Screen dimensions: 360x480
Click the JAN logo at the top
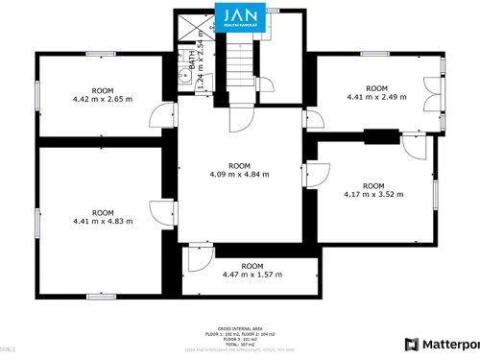pyautogui.click(x=237, y=19)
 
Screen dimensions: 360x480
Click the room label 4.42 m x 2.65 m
pyautogui.click(x=103, y=94)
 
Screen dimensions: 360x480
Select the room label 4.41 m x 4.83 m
pyautogui.click(x=103, y=217)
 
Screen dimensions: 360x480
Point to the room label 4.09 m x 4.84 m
pyautogui.click(x=239, y=170)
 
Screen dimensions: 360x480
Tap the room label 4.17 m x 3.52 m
pyautogui.click(x=373, y=190)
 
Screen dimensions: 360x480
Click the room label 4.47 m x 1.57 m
pyautogui.click(x=252, y=271)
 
